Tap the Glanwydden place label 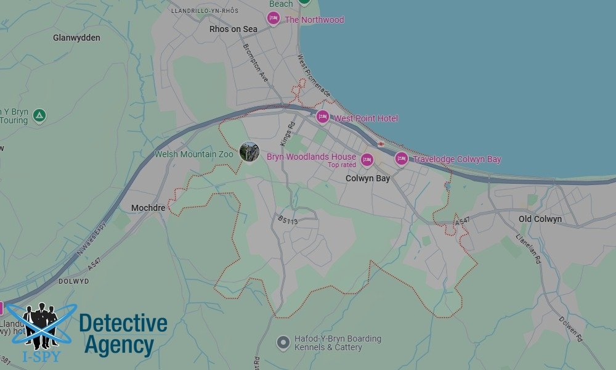[x=76, y=38]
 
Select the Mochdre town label [x=148, y=208]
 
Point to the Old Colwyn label [x=540, y=219]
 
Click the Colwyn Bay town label [x=368, y=178]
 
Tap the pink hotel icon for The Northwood [x=274, y=19]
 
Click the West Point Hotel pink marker [x=323, y=117]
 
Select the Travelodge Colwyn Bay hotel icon [x=402, y=158]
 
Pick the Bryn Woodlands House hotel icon [x=367, y=160]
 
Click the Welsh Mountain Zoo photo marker [x=249, y=152]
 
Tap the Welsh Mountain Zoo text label [x=194, y=154]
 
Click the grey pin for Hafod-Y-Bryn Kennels [x=283, y=342]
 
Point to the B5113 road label [x=288, y=219]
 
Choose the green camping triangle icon [x=39, y=115]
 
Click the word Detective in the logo [x=123, y=323]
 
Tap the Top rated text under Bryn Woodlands [x=341, y=165]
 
